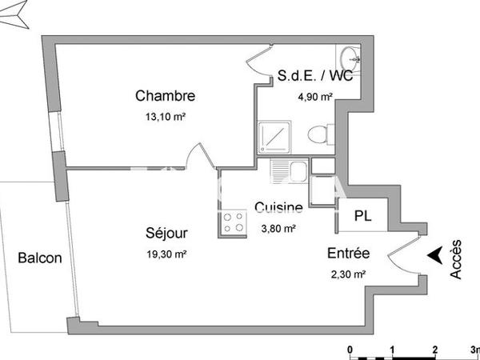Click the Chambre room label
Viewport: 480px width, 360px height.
pos(166,96)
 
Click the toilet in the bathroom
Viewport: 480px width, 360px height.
pos(319,134)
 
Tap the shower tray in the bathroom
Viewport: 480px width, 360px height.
pos(277,138)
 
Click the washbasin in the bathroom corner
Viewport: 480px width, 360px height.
pos(350,58)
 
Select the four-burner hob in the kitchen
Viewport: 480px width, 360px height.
pos(234,222)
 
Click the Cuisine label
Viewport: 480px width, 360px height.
pos(278,208)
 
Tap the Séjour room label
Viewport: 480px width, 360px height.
pos(167,234)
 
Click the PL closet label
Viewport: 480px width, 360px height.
pos(363,216)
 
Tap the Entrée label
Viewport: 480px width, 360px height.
pos(348,254)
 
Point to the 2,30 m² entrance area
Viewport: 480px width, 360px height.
pos(347,274)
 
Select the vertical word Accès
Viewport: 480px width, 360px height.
pos(455,259)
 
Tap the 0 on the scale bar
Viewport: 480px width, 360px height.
pos(350,350)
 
